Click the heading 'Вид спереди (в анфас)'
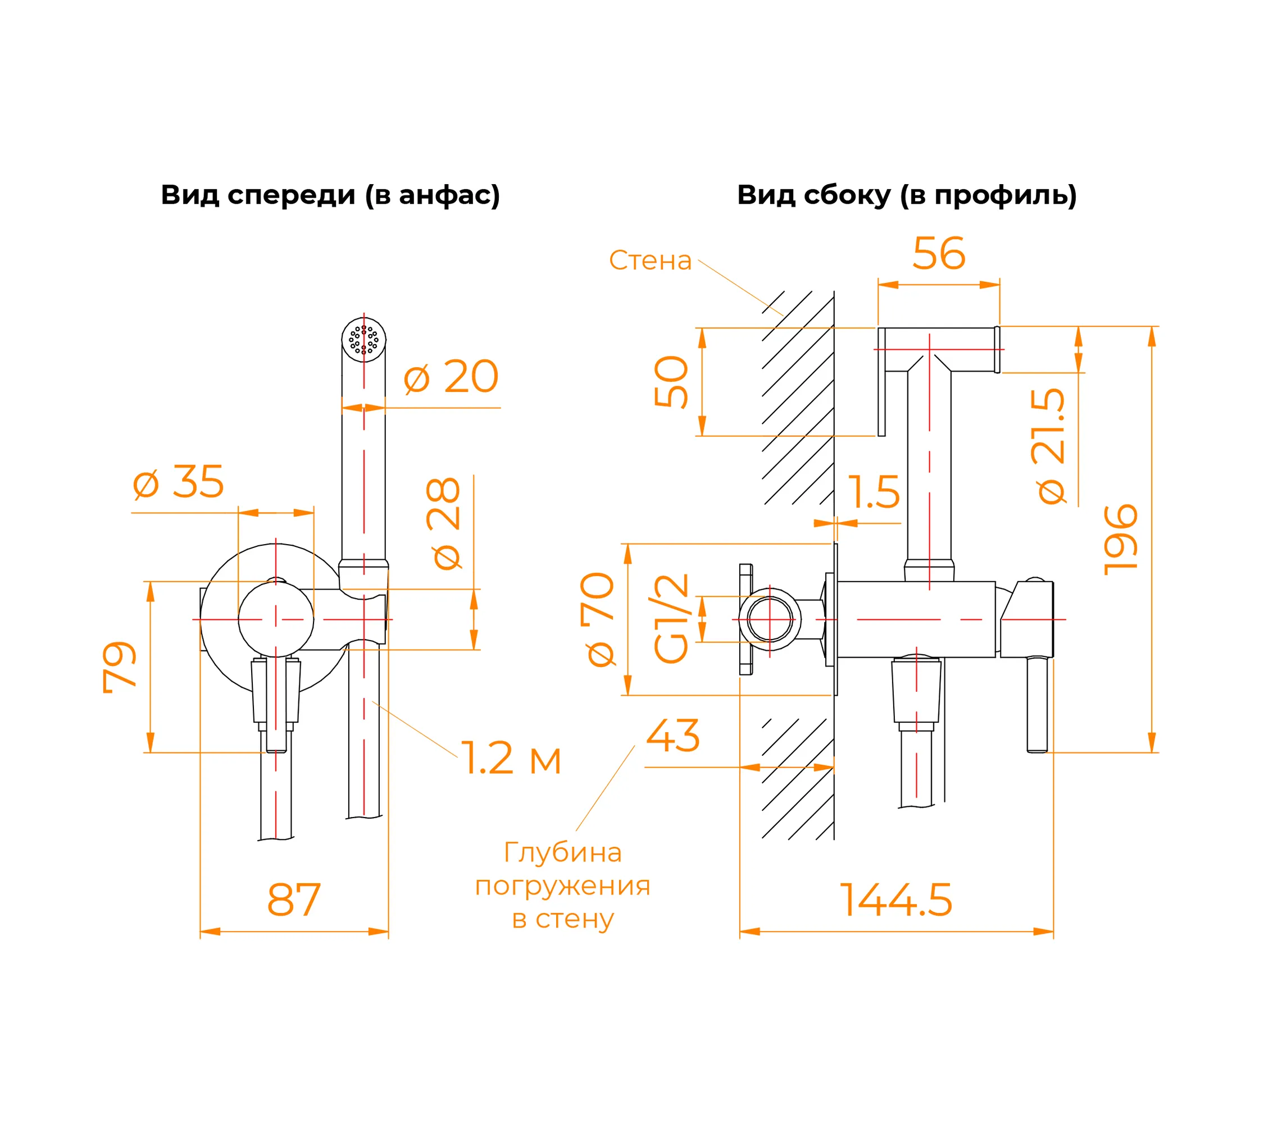[330, 195]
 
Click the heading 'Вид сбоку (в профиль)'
[907, 195]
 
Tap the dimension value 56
[938, 254]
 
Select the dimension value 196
[1121, 540]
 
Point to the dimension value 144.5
[895, 901]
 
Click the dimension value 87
[294, 901]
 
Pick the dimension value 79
[119, 667]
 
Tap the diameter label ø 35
[179, 482]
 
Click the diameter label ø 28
[444, 523]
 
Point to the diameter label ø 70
[598, 619]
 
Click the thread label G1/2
[671, 619]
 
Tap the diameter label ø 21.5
[1049, 446]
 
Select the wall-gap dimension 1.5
[874, 492]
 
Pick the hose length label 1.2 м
[511, 759]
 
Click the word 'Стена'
[650, 261]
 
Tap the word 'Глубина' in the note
[563, 853]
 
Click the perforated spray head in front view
[363, 340]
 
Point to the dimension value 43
[673, 736]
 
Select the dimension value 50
[671, 382]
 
